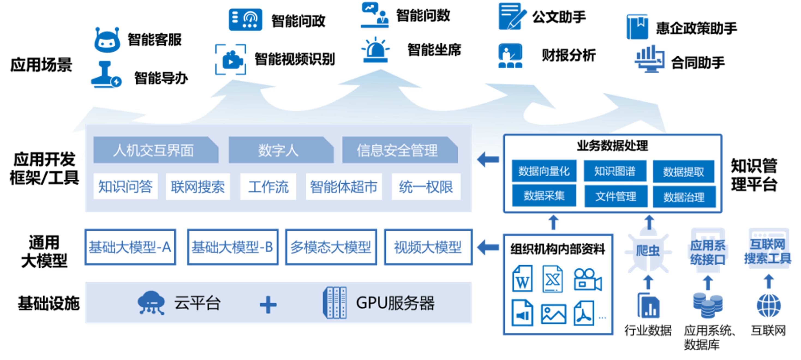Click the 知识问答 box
(125, 187)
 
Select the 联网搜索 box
(198, 187)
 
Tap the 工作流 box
(268, 187)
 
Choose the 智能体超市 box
(343, 187)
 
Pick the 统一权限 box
(426, 187)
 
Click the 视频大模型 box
(428, 247)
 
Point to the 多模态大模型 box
(331, 247)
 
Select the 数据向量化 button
(544, 171)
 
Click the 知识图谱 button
(615, 171)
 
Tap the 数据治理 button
(684, 197)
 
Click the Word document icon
(522, 278)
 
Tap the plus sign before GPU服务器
(268, 304)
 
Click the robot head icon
(107, 40)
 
